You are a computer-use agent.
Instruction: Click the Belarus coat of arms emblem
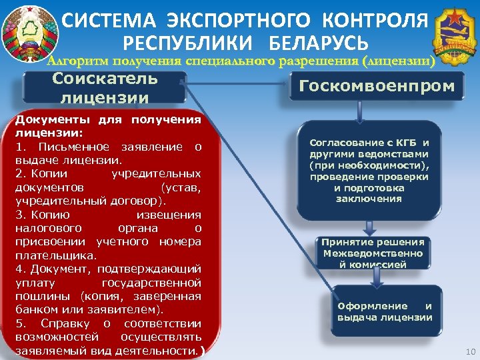coord(29,30)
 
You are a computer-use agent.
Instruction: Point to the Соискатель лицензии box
coord(105,87)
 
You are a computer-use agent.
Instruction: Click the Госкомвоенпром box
coord(377,86)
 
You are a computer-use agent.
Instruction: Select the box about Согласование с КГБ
coord(369,171)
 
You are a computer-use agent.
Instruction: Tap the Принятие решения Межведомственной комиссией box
coord(373,253)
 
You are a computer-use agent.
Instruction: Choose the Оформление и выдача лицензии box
coord(385,311)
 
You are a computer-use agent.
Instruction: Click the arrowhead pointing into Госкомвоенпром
coord(285,85)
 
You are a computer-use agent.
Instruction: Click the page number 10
coord(468,351)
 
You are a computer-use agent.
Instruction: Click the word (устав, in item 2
coord(181,187)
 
